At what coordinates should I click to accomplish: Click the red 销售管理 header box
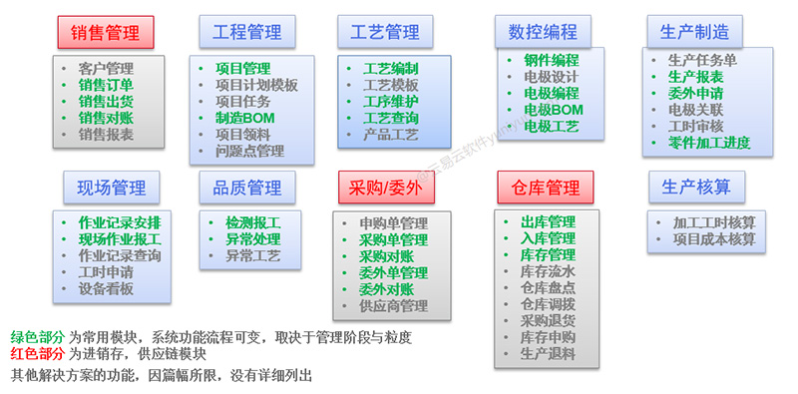click(x=105, y=33)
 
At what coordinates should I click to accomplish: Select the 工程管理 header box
click(x=239, y=32)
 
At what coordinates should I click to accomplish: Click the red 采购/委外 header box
click(x=378, y=187)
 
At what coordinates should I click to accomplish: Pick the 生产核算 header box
click(x=695, y=187)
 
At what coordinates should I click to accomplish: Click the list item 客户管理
click(x=105, y=69)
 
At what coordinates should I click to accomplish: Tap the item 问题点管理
click(x=249, y=151)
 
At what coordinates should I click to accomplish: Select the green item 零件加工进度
click(x=709, y=142)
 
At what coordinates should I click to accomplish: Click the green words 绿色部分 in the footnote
click(x=38, y=338)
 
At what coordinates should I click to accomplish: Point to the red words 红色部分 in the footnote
click(x=38, y=355)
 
